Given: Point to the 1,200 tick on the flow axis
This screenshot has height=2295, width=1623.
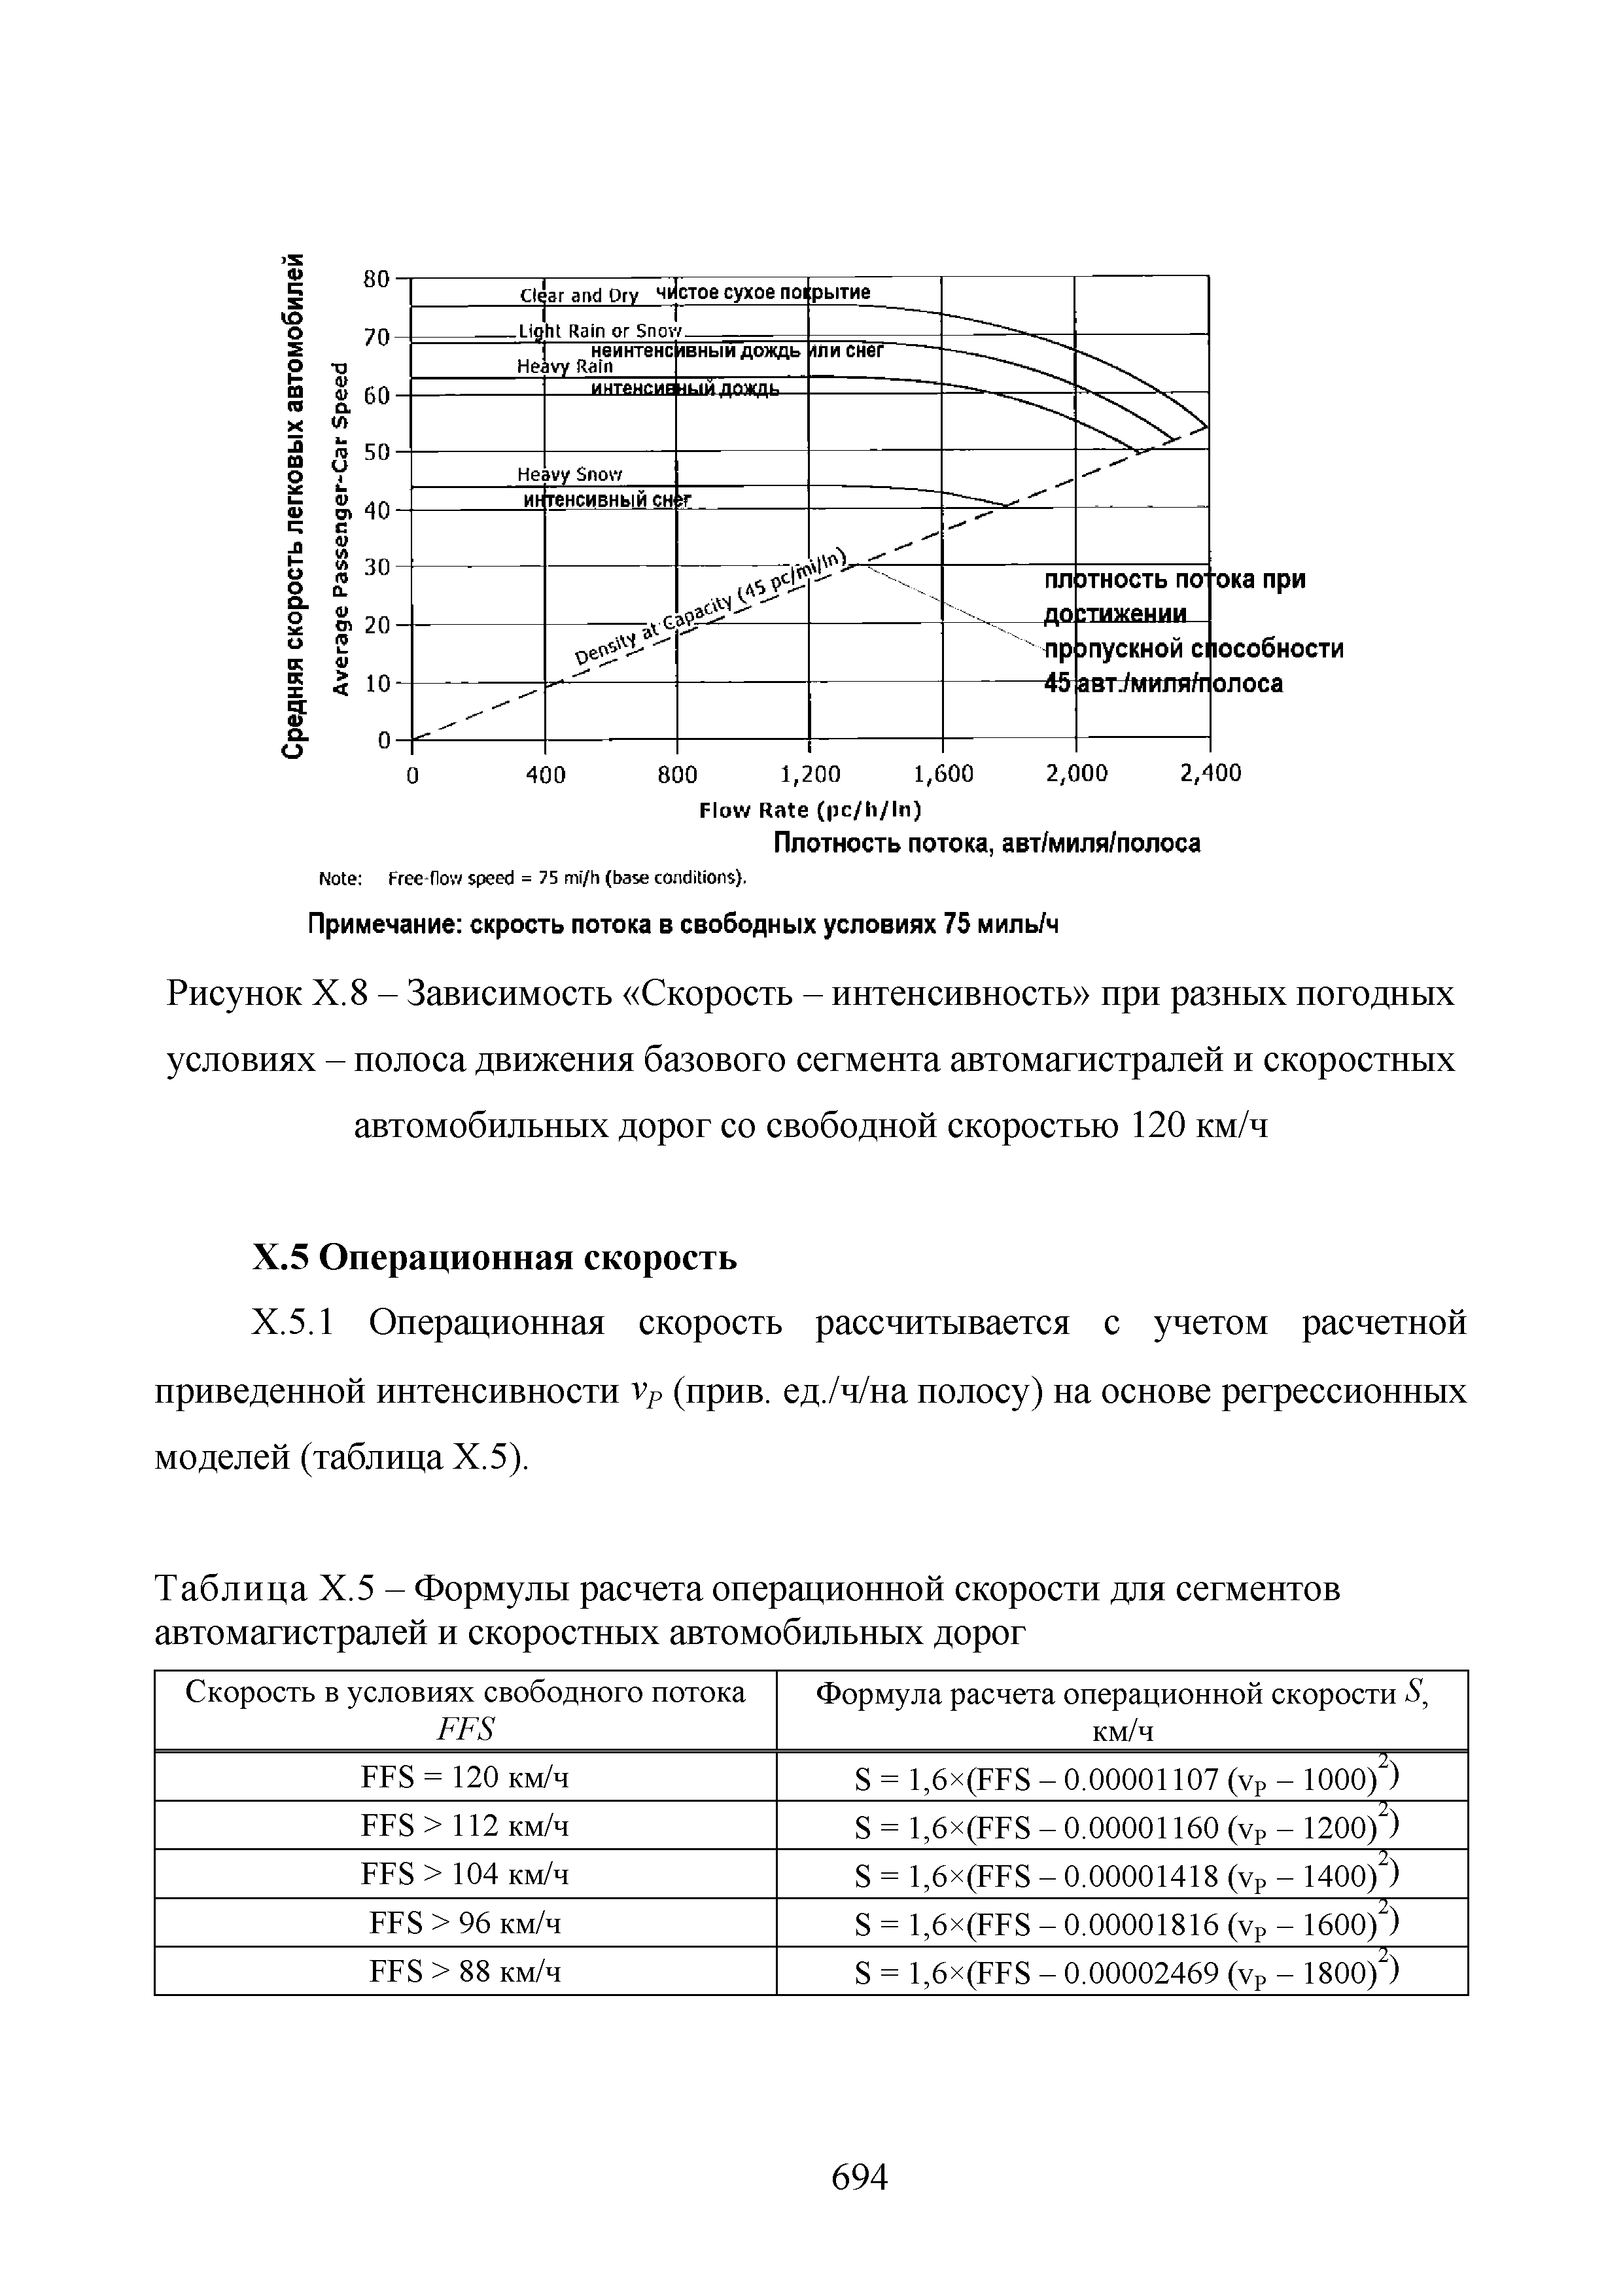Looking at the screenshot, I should [809, 774].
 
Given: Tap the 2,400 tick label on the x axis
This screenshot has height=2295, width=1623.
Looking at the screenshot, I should [1210, 774].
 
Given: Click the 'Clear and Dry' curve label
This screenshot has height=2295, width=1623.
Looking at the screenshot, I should [579, 296].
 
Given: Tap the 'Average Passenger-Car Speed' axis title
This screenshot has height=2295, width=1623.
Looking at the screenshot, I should [343, 525].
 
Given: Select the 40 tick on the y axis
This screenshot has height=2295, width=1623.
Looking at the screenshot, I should [375, 511].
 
